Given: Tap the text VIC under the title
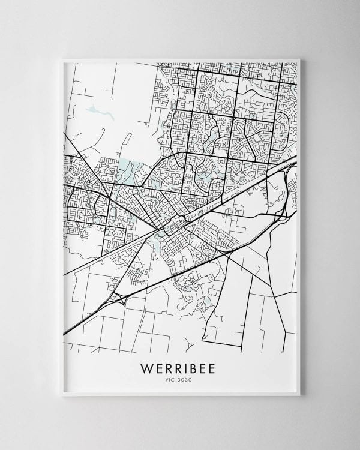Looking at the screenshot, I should (x=171, y=379).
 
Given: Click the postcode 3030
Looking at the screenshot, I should (x=187, y=379).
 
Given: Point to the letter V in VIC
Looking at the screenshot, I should (x=167, y=379).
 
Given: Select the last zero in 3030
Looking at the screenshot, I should (x=191, y=379).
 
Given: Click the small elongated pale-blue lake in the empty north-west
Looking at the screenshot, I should (x=94, y=110).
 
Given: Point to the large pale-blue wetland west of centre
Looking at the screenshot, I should (x=126, y=171).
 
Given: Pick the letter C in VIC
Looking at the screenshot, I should (x=175, y=379).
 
